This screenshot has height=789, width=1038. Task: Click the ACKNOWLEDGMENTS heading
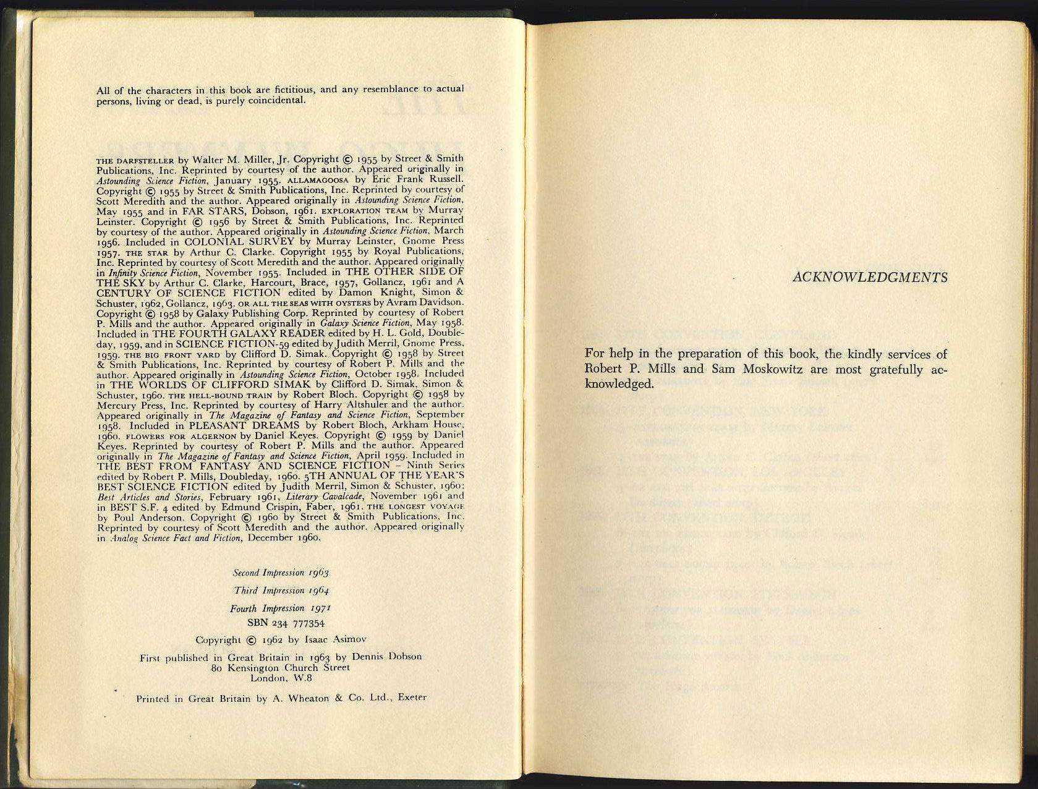tap(869, 278)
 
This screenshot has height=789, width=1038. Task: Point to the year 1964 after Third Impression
tap(318, 591)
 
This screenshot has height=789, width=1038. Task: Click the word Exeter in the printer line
tap(412, 697)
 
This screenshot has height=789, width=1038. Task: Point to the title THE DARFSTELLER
tap(135, 160)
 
